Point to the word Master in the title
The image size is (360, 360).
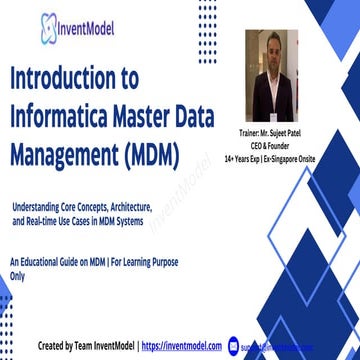(166, 118)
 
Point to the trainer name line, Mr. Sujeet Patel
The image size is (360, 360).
(272, 132)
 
